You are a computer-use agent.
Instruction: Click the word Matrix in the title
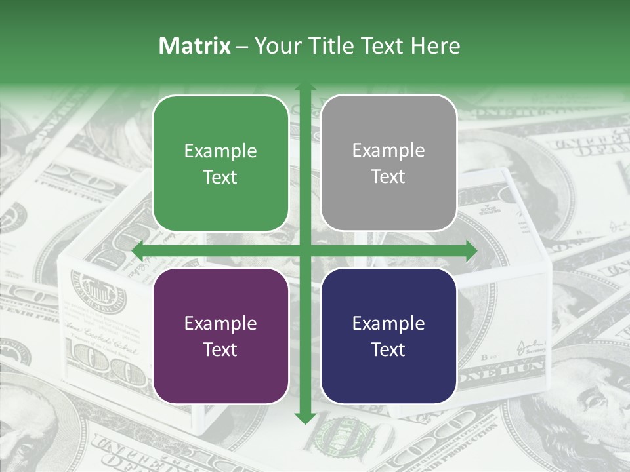click(x=195, y=46)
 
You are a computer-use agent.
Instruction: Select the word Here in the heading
click(x=436, y=46)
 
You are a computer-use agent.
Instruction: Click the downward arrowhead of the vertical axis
click(x=304, y=418)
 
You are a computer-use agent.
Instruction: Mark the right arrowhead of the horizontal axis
click(x=471, y=250)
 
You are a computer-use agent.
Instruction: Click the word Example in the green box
click(x=220, y=151)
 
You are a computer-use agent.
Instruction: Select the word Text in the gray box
click(x=388, y=177)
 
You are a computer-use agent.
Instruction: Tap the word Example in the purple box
click(x=220, y=324)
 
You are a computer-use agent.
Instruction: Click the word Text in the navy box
click(x=388, y=349)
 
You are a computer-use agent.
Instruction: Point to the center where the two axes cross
click(x=304, y=250)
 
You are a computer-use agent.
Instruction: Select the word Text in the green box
click(x=220, y=177)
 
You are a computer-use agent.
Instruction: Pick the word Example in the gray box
click(x=388, y=151)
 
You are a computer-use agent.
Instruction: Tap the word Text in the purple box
click(x=220, y=349)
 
